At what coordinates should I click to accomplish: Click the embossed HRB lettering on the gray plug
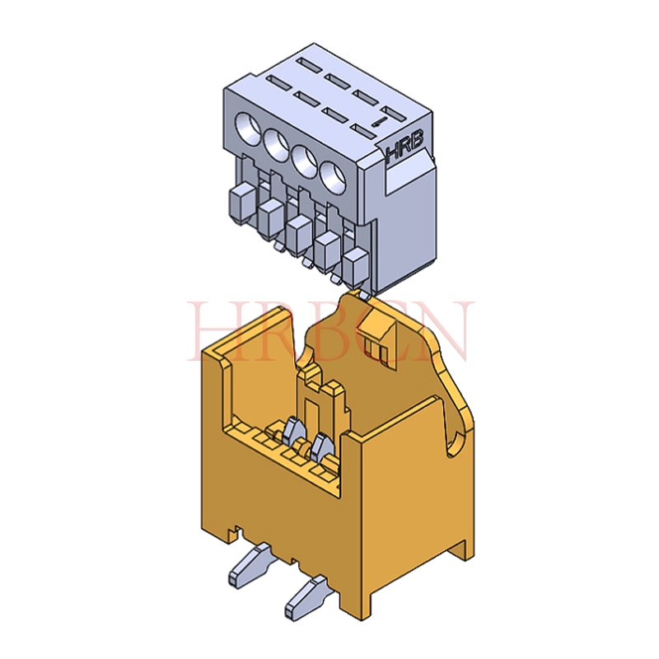tap(404, 147)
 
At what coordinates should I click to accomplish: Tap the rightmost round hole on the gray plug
tap(334, 176)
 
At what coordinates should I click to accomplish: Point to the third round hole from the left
tap(305, 159)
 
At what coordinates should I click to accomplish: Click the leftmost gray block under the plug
tap(241, 203)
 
